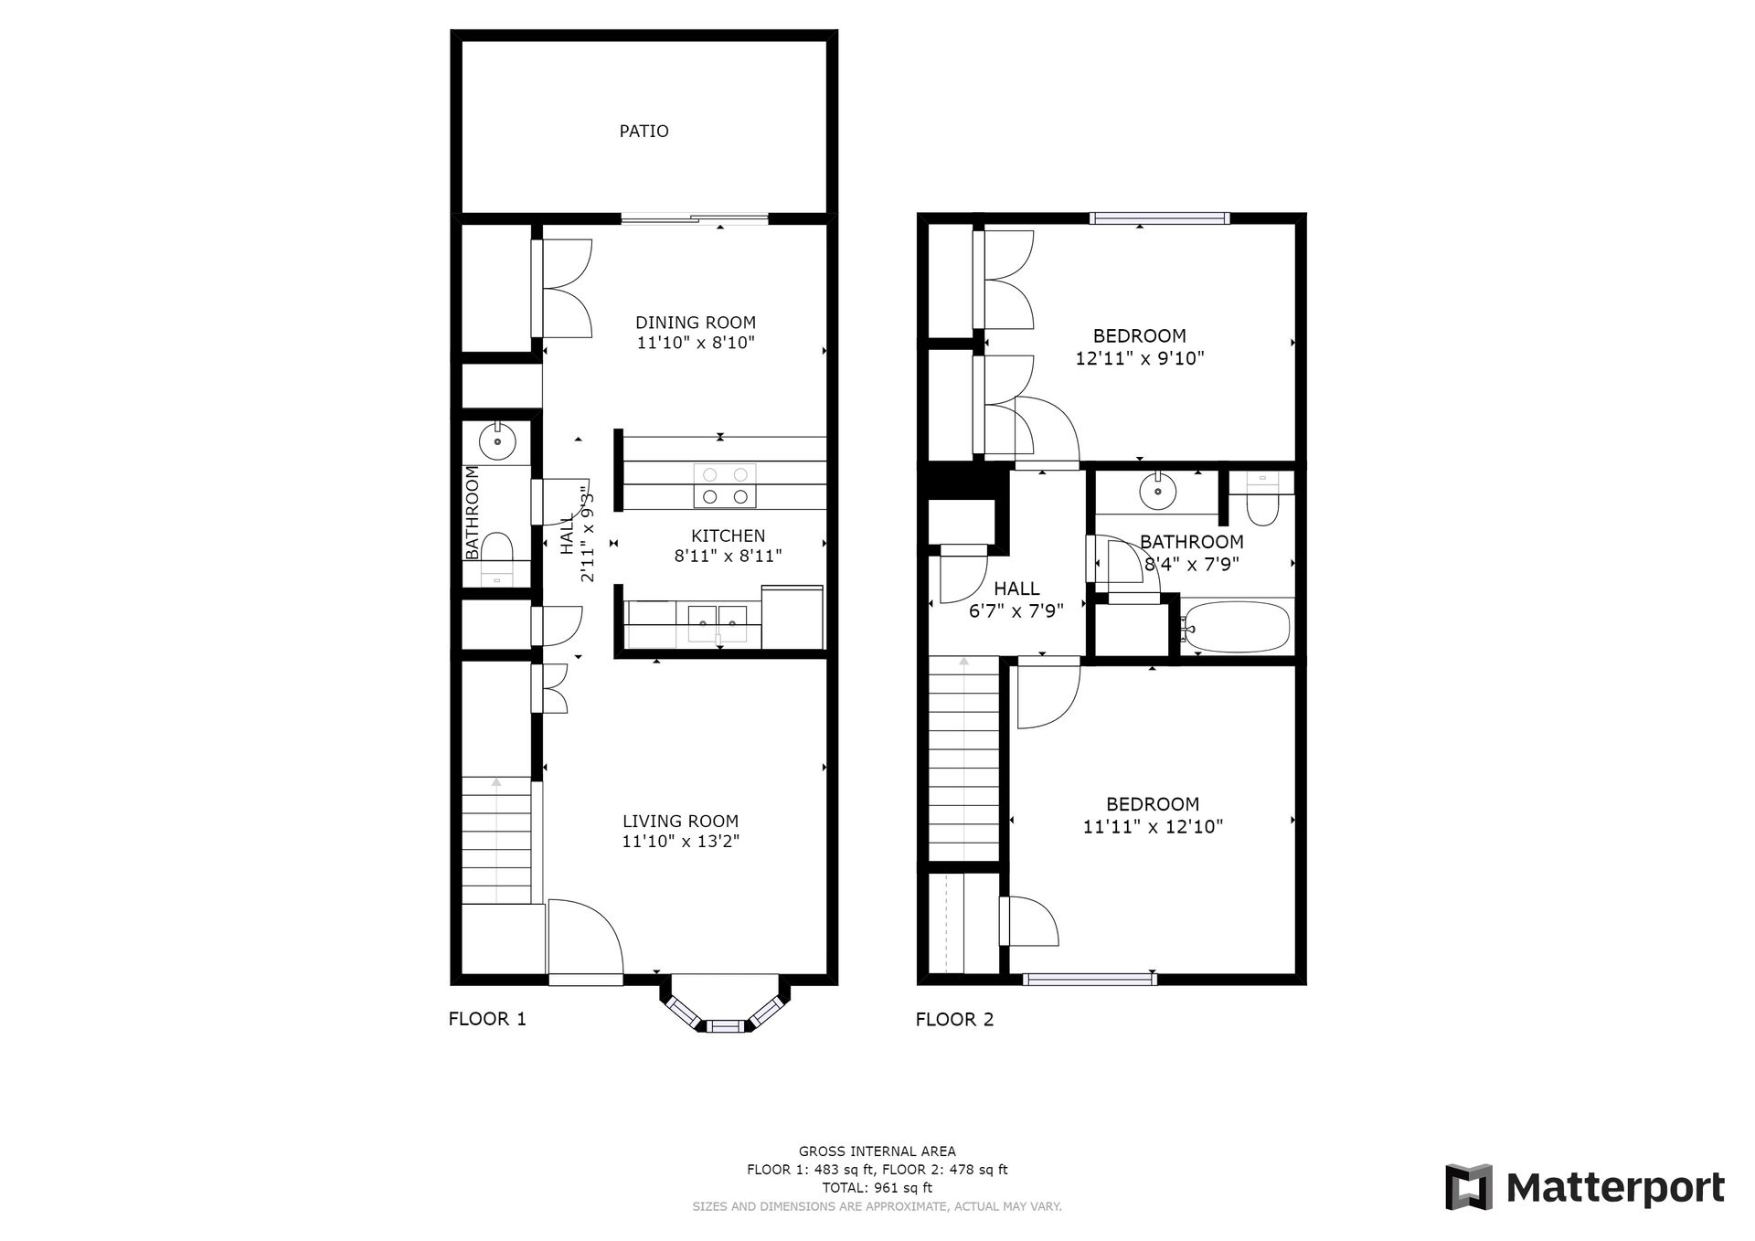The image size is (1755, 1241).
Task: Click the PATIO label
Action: (x=643, y=132)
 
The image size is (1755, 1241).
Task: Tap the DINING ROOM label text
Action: (x=696, y=323)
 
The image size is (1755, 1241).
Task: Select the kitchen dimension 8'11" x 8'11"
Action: (x=729, y=556)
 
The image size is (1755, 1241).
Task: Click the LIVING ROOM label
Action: (x=681, y=822)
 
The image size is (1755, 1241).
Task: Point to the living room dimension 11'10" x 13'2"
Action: (x=681, y=842)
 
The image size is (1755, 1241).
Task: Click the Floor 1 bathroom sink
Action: (x=497, y=442)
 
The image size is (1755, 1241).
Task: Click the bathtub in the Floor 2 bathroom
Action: (x=1235, y=626)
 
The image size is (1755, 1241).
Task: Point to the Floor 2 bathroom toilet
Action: (x=1262, y=499)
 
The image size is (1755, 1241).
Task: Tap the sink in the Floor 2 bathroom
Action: (x=1158, y=491)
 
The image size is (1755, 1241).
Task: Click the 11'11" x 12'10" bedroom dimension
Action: (x=1153, y=827)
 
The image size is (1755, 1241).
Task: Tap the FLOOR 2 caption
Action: (x=954, y=1020)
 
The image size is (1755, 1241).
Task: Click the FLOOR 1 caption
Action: (x=487, y=1019)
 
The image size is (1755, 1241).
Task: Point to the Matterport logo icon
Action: (x=1468, y=1187)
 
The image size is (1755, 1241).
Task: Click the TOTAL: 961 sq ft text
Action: (x=877, y=1188)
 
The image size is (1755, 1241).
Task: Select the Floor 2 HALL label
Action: (x=1016, y=589)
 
